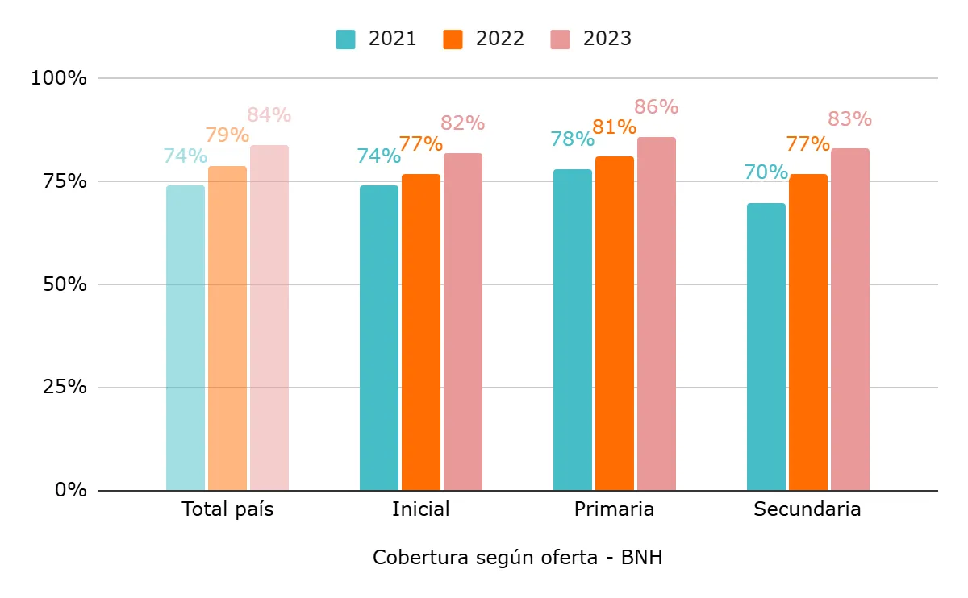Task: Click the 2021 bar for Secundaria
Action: (x=766, y=347)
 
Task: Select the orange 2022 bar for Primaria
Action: (x=614, y=323)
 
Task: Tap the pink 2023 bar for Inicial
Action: (x=462, y=322)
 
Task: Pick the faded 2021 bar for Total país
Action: (x=185, y=338)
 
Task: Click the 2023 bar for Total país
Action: (x=269, y=318)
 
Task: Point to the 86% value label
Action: (x=656, y=107)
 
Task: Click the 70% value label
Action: (x=766, y=172)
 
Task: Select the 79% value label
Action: (x=227, y=135)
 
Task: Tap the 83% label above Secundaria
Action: (x=849, y=119)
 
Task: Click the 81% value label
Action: (x=614, y=127)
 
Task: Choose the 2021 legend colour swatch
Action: (x=345, y=39)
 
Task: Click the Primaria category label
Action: (x=614, y=509)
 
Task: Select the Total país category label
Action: (x=227, y=509)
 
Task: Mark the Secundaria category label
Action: (x=807, y=509)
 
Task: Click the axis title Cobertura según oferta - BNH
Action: (x=517, y=558)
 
